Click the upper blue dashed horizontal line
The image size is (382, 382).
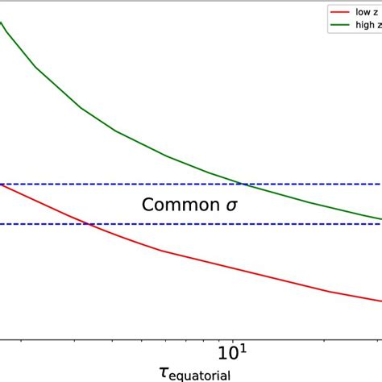(121, 185)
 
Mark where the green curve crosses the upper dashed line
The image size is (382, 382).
(244, 185)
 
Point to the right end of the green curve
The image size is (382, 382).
(380, 218)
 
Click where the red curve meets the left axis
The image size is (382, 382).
(2, 185)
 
